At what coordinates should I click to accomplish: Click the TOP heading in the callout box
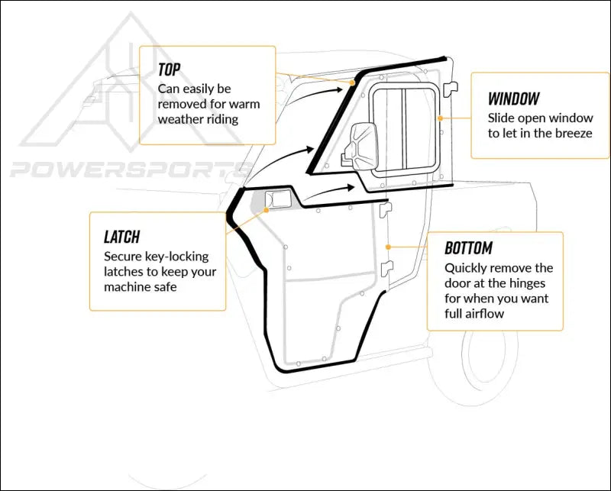point(169,69)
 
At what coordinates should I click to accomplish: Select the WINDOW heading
point(513,99)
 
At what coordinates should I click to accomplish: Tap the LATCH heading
point(121,237)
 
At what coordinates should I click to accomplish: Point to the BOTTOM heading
point(468,248)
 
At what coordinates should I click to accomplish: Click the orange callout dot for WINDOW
point(441,118)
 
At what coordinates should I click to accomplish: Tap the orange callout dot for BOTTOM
point(389,247)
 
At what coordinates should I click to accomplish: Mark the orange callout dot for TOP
point(353,82)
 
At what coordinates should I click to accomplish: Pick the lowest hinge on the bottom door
point(386,266)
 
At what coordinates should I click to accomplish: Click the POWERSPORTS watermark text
point(122,169)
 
